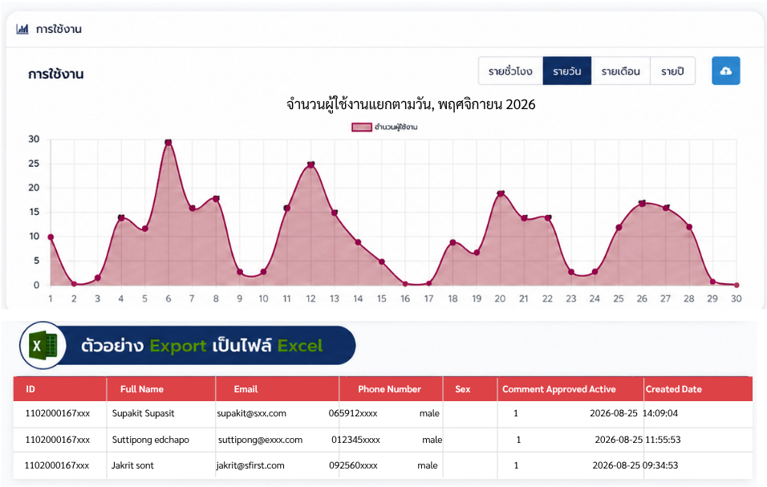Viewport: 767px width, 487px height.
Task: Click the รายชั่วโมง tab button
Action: click(510, 71)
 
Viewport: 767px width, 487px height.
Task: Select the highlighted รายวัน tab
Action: click(567, 71)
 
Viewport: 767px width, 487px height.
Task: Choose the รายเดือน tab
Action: click(621, 71)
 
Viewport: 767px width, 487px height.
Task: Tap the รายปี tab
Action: click(672, 71)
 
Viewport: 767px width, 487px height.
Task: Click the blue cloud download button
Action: click(726, 71)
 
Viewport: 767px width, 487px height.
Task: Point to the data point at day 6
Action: click(168, 143)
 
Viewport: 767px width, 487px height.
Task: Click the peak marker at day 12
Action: click(310, 164)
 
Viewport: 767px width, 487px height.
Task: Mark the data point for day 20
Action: click(501, 193)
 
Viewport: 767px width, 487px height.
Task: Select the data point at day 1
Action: click(51, 237)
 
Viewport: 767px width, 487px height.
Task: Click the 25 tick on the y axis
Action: click(34, 164)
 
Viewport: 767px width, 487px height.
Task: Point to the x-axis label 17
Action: click(429, 298)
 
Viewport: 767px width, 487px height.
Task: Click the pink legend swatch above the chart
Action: click(362, 127)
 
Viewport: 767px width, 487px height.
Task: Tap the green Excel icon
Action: click(43, 345)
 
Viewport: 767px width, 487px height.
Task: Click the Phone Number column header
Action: click(389, 389)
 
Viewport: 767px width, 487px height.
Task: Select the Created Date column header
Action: click(674, 389)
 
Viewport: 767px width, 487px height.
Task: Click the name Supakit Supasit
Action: click(144, 413)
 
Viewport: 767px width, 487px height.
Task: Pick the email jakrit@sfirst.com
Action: click(250, 465)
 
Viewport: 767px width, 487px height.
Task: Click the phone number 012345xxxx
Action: click(355, 440)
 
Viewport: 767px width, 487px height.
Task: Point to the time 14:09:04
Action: click(660, 413)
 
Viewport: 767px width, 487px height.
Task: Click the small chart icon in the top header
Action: click(22, 30)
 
